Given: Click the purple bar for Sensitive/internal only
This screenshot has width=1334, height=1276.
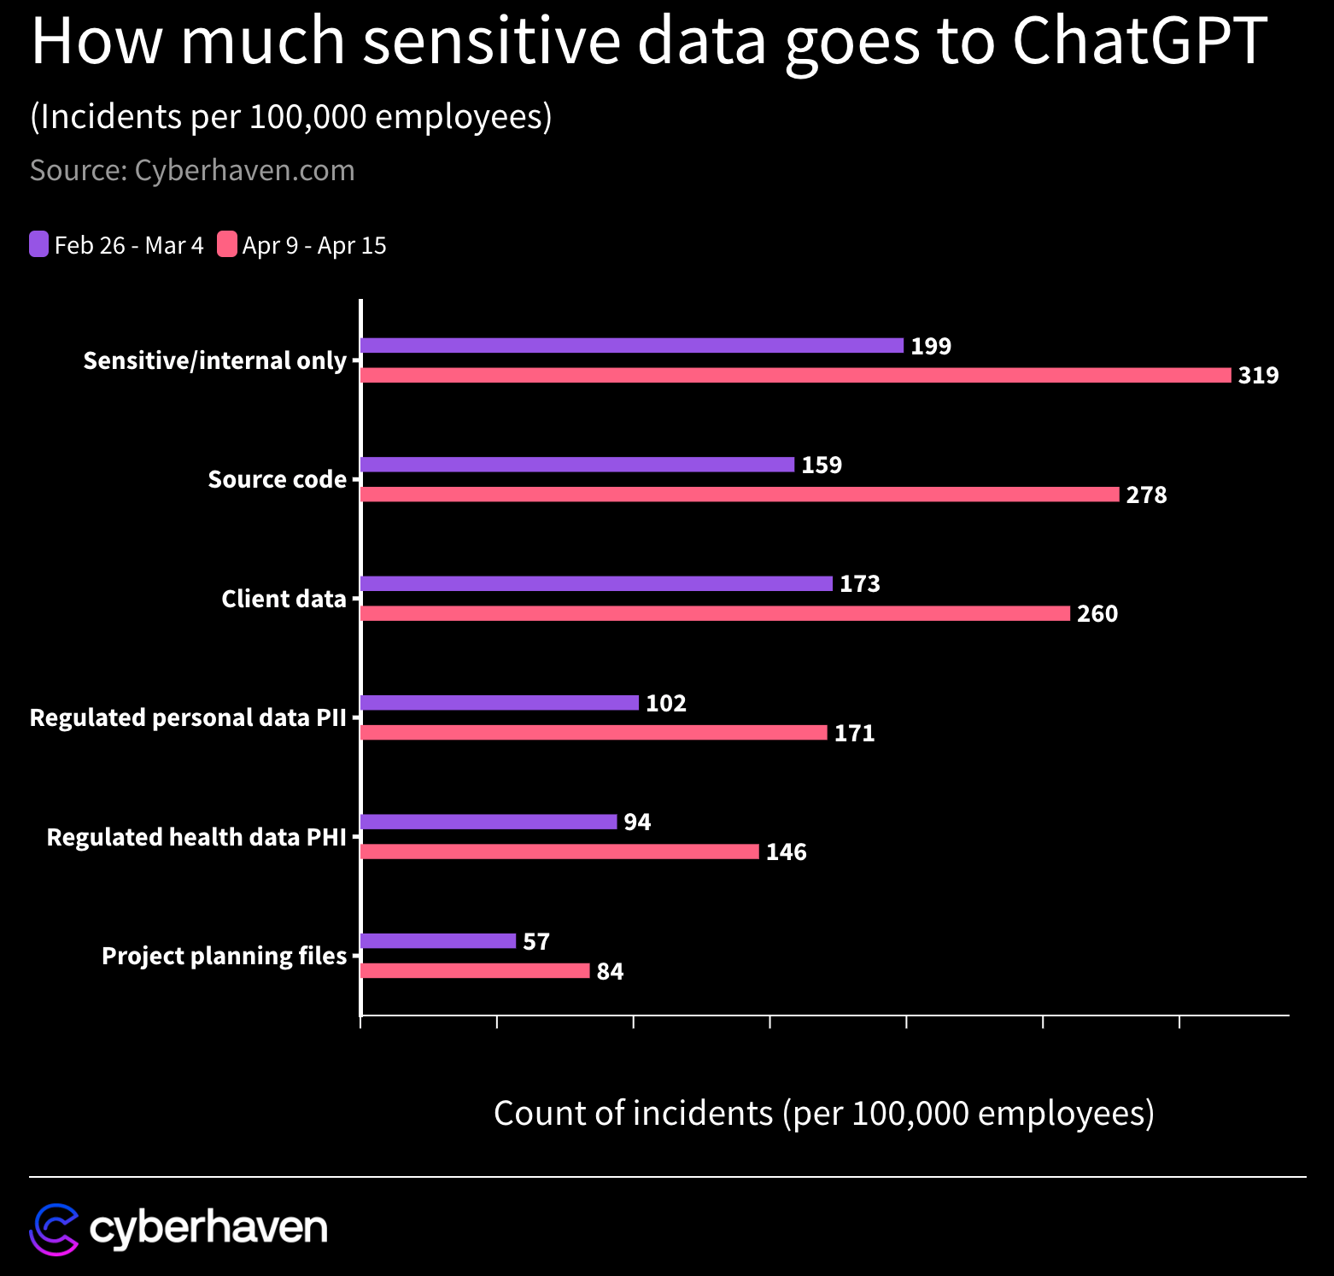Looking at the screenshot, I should click(x=632, y=346).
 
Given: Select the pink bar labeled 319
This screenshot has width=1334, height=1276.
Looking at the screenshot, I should click(x=796, y=375).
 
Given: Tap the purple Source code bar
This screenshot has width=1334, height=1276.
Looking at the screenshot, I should click(x=577, y=465).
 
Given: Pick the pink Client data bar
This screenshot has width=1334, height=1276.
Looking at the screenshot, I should click(x=715, y=613).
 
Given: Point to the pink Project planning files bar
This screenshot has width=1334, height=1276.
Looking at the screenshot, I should click(x=475, y=971).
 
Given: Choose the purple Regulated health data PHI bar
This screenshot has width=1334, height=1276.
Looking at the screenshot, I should click(x=489, y=822).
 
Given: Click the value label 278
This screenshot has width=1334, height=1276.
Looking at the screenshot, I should click(x=1146, y=495).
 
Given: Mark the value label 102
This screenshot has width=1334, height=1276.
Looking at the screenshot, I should click(x=666, y=704).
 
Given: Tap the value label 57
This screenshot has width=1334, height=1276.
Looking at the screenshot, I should click(x=536, y=942).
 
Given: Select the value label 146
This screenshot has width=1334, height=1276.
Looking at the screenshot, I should click(x=786, y=852).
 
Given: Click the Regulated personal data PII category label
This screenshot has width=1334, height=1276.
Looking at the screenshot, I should click(x=188, y=718).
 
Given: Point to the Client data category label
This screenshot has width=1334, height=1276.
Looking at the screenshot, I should click(x=284, y=599).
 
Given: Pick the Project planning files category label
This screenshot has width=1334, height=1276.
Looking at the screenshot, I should click(x=224, y=956).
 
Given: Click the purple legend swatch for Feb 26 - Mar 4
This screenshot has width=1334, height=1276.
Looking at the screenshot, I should click(x=39, y=244).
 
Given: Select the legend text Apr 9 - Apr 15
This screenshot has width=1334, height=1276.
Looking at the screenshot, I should click(x=314, y=246).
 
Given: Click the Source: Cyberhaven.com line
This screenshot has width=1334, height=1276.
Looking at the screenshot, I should click(x=192, y=171).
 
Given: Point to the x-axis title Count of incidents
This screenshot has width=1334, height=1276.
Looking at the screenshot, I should click(x=823, y=1114).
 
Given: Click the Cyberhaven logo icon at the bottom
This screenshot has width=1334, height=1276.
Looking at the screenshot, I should click(x=54, y=1230).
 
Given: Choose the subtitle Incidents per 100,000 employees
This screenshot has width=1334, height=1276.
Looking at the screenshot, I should click(x=291, y=117).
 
